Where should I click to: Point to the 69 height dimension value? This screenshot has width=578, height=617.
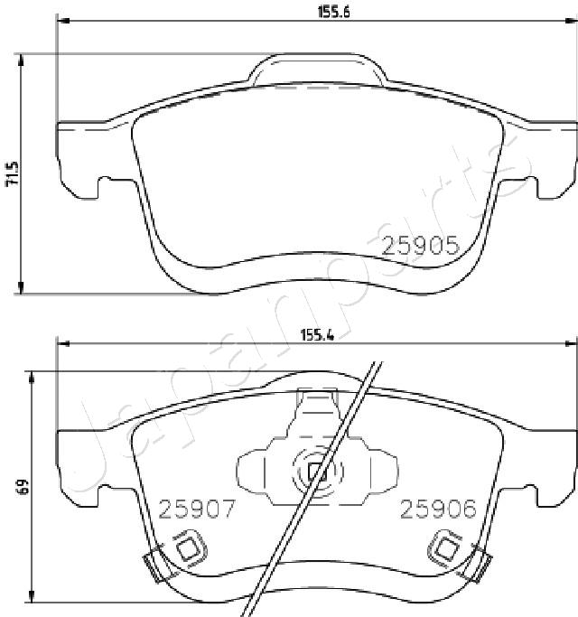(23, 487)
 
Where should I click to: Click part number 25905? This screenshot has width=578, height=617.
(421, 246)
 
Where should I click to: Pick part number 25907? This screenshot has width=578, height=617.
(197, 509)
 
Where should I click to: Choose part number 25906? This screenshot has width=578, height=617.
(438, 509)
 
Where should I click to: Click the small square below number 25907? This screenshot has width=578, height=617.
(189, 549)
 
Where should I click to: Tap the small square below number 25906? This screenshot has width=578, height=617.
(446, 549)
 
